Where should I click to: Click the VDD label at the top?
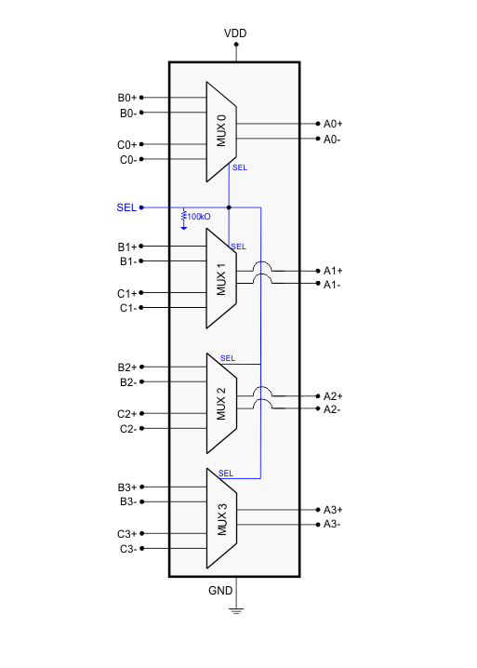coord(235,34)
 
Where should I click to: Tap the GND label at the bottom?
coord(220,591)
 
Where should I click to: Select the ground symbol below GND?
coord(235,609)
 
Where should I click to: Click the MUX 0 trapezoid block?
coord(220,131)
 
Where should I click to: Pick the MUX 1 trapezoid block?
coord(220,277)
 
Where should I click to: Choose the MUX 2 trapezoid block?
coord(220,403)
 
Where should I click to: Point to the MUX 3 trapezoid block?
coord(220,517)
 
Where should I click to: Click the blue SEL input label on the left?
coord(126,207)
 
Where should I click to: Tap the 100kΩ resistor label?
coord(199,217)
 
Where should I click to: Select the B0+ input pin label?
coord(127,98)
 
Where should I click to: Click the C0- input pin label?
coord(128,160)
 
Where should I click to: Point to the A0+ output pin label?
coord(333,124)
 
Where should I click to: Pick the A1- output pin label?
coord(332,285)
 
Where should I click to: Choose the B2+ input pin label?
coord(127,367)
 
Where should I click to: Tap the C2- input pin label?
coord(128,429)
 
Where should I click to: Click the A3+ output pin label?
coord(333,510)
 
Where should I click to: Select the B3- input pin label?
coord(128,502)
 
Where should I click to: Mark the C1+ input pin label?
coord(127,293)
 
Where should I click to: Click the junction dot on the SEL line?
coord(230,207)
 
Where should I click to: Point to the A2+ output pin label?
coord(333,395)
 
